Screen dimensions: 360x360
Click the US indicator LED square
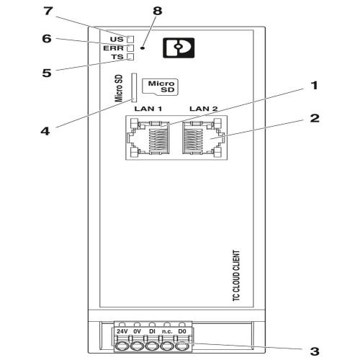(130, 39)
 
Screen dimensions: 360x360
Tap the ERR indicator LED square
(130, 48)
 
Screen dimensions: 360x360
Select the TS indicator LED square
(130, 57)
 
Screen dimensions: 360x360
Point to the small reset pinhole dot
(143, 48)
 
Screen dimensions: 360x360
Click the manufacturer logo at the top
(179, 48)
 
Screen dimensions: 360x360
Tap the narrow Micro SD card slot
(134, 87)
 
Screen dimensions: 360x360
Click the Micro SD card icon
(161, 87)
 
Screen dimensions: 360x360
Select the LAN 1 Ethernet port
(150, 138)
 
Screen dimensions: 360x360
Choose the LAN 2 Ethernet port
(204, 138)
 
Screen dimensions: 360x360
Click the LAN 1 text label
(148, 109)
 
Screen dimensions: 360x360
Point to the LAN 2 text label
(204, 109)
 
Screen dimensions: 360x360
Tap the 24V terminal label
(122, 331)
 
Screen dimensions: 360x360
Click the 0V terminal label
(137, 331)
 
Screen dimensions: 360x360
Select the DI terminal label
(152, 331)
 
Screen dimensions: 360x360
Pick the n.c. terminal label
(167, 332)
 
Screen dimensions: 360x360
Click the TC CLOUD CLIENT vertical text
(237, 276)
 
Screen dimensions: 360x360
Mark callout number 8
(158, 11)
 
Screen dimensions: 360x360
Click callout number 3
(315, 351)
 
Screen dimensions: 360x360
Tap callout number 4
(45, 131)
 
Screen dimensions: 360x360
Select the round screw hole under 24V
(122, 346)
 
